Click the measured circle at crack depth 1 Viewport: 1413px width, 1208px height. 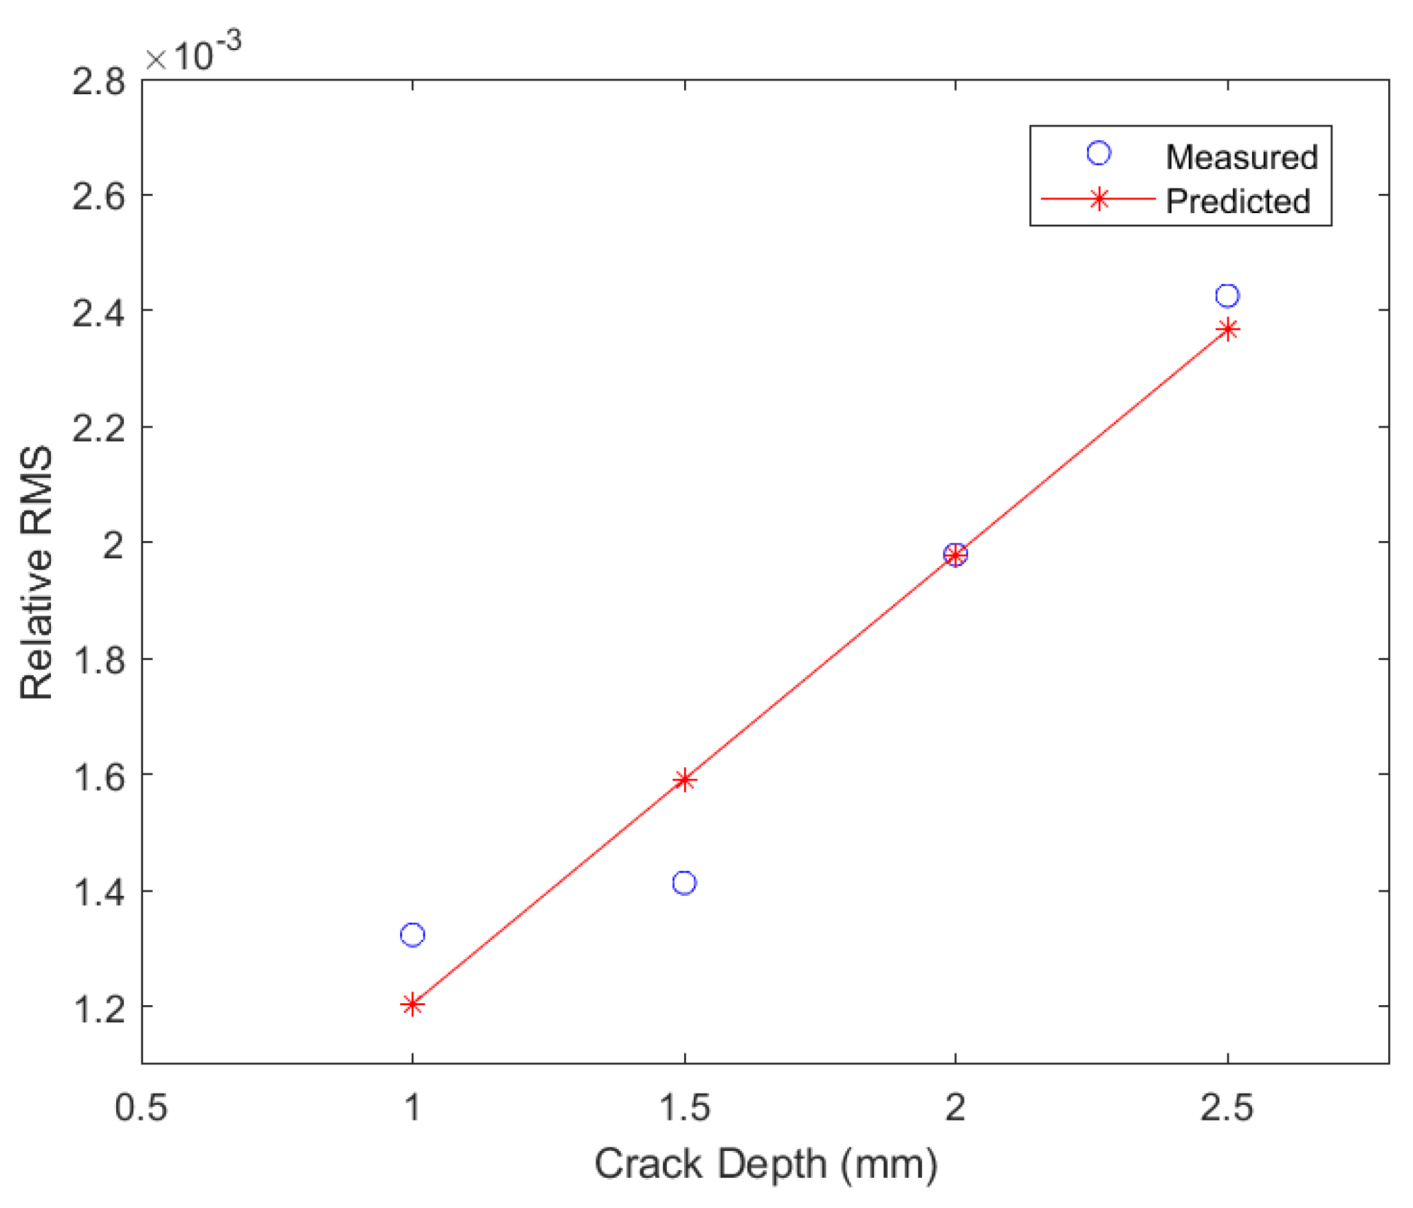[x=413, y=935]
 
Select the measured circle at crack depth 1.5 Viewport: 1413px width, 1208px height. [x=684, y=883]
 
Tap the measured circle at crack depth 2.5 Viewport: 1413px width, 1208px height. [x=1228, y=296]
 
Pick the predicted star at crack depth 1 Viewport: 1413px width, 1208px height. [x=412, y=1005]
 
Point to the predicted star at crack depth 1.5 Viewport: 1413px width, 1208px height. [x=684, y=780]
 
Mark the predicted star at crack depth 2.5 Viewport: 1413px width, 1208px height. [x=1228, y=330]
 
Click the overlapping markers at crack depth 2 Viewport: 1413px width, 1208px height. [x=955, y=554]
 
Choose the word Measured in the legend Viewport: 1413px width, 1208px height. [x=1242, y=157]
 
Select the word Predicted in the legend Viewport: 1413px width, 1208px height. [x=1238, y=201]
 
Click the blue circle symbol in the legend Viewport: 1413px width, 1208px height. [x=1099, y=153]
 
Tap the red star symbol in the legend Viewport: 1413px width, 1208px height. [x=1099, y=199]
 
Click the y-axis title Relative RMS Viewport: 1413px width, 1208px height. [x=36, y=572]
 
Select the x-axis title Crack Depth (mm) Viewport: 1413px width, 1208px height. [x=766, y=1165]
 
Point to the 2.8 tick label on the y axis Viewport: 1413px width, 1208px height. [x=99, y=82]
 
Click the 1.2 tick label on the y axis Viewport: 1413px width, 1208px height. [x=99, y=1009]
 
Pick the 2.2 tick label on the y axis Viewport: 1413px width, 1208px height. [x=99, y=430]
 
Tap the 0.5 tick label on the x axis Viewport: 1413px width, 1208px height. [x=141, y=1108]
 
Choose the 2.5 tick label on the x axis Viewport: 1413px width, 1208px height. [x=1227, y=1108]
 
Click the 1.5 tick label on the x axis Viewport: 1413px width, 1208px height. [x=684, y=1108]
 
